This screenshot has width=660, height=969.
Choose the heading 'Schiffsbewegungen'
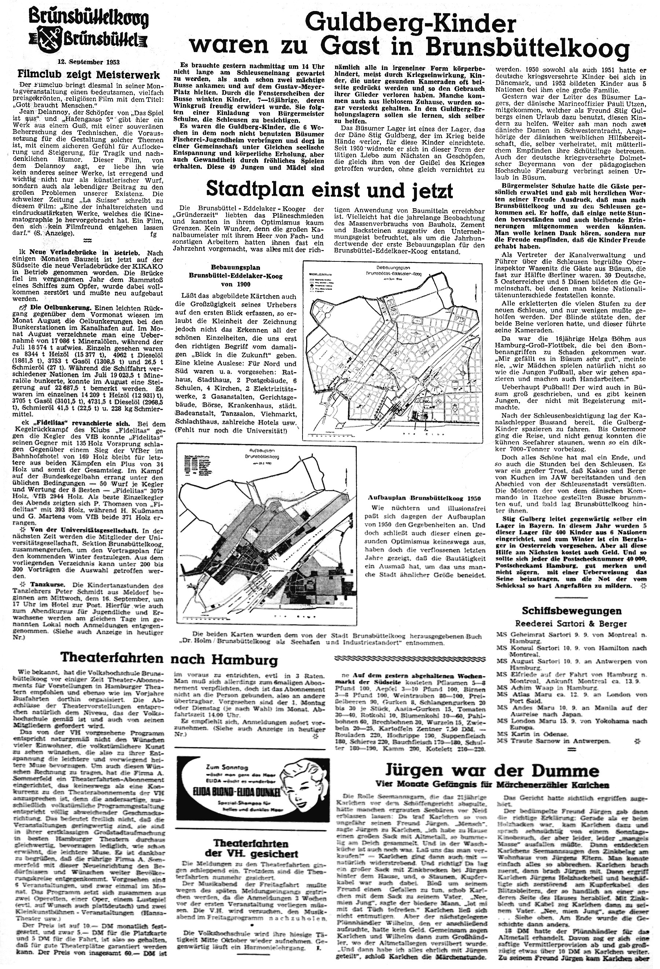pos(572,611)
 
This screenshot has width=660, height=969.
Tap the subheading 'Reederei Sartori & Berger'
pos(572,624)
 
